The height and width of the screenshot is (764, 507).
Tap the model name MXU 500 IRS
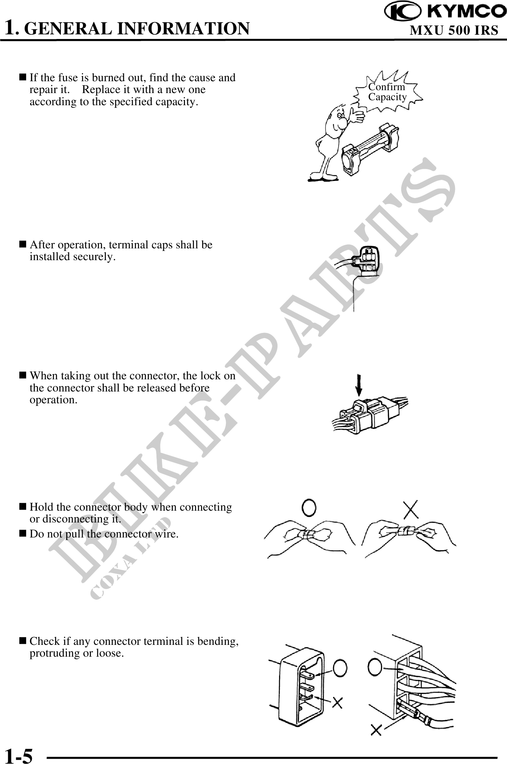tap(454, 30)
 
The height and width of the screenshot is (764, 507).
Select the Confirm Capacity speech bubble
tap(388, 92)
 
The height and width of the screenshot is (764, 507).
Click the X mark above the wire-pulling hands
tap(411, 508)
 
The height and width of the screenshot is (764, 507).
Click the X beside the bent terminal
tap(337, 703)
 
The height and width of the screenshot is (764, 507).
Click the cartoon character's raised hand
tap(356, 115)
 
